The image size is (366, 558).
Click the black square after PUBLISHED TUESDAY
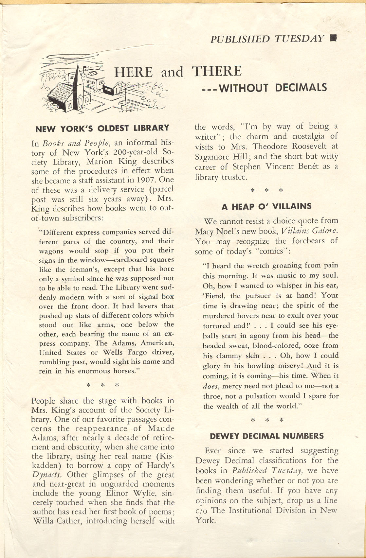pos(333,38)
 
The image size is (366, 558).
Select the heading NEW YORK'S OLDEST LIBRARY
pos(102,128)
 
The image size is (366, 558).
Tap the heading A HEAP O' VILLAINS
pos(266,206)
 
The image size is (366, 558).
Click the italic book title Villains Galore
pos(309,231)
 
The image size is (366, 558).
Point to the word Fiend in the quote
pos(215,296)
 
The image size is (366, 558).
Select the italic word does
pos(210,386)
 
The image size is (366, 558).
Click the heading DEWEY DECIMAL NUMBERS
pos(266,436)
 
